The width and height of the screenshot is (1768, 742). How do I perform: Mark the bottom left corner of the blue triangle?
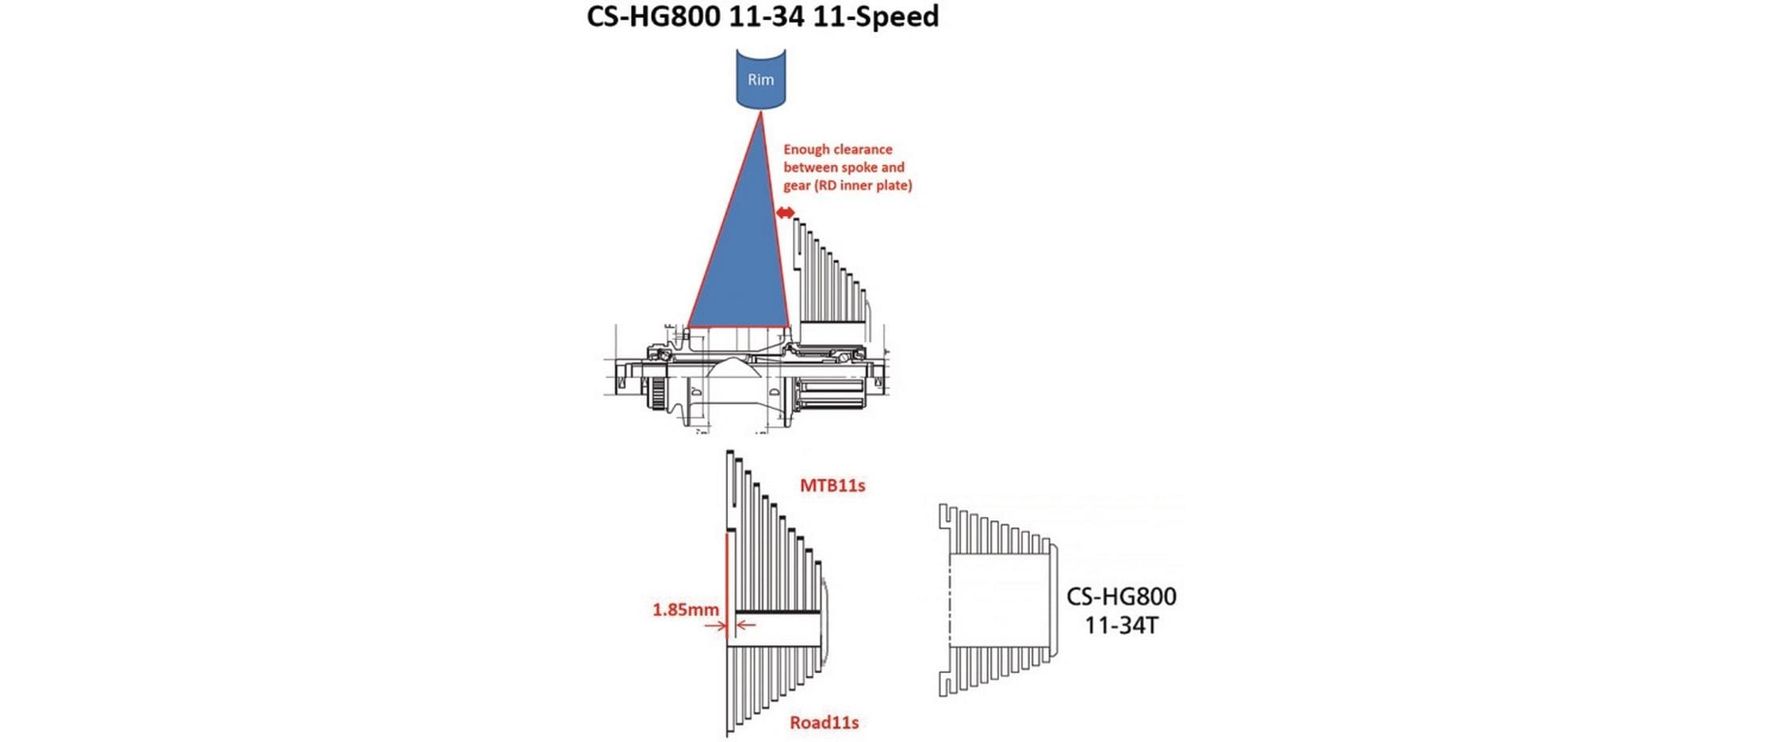pos(687,327)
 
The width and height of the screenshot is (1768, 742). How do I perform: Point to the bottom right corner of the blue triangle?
pos(790,327)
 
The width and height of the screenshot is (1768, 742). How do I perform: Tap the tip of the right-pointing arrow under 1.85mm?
pos(725,625)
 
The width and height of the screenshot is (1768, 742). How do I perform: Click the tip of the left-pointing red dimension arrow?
pos(737,625)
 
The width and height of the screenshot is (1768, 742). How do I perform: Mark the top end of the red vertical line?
pos(727,533)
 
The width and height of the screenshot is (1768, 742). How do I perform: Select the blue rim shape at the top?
pos(761,78)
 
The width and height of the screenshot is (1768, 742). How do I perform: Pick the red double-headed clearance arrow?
pos(785,212)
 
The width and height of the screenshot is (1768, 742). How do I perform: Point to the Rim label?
pos(761,79)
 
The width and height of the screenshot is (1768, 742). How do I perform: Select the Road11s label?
pos(825,722)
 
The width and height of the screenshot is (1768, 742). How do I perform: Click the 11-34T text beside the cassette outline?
pos(1121,625)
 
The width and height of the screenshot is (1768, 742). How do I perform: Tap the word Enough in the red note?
pos(807,150)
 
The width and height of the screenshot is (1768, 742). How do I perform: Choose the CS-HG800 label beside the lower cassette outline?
pos(1121,596)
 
